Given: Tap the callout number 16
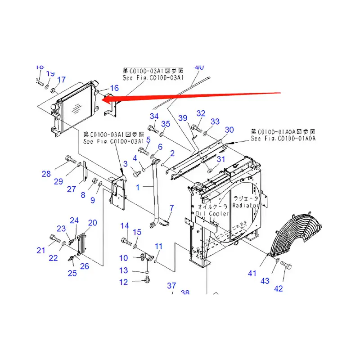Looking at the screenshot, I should (114, 88).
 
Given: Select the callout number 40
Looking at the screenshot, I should (199, 67).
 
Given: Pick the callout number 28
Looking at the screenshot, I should (46, 174).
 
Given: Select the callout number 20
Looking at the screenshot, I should (92, 223).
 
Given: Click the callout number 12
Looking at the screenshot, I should (123, 282).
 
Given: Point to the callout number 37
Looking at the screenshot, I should (171, 286).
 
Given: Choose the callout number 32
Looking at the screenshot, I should (201, 113).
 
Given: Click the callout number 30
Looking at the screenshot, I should (229, 130).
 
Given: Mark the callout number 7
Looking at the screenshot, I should (171, 207).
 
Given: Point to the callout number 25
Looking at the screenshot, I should (72, 273).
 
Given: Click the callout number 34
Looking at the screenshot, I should (154, 117).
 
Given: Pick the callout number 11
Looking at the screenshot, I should (158, 246).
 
